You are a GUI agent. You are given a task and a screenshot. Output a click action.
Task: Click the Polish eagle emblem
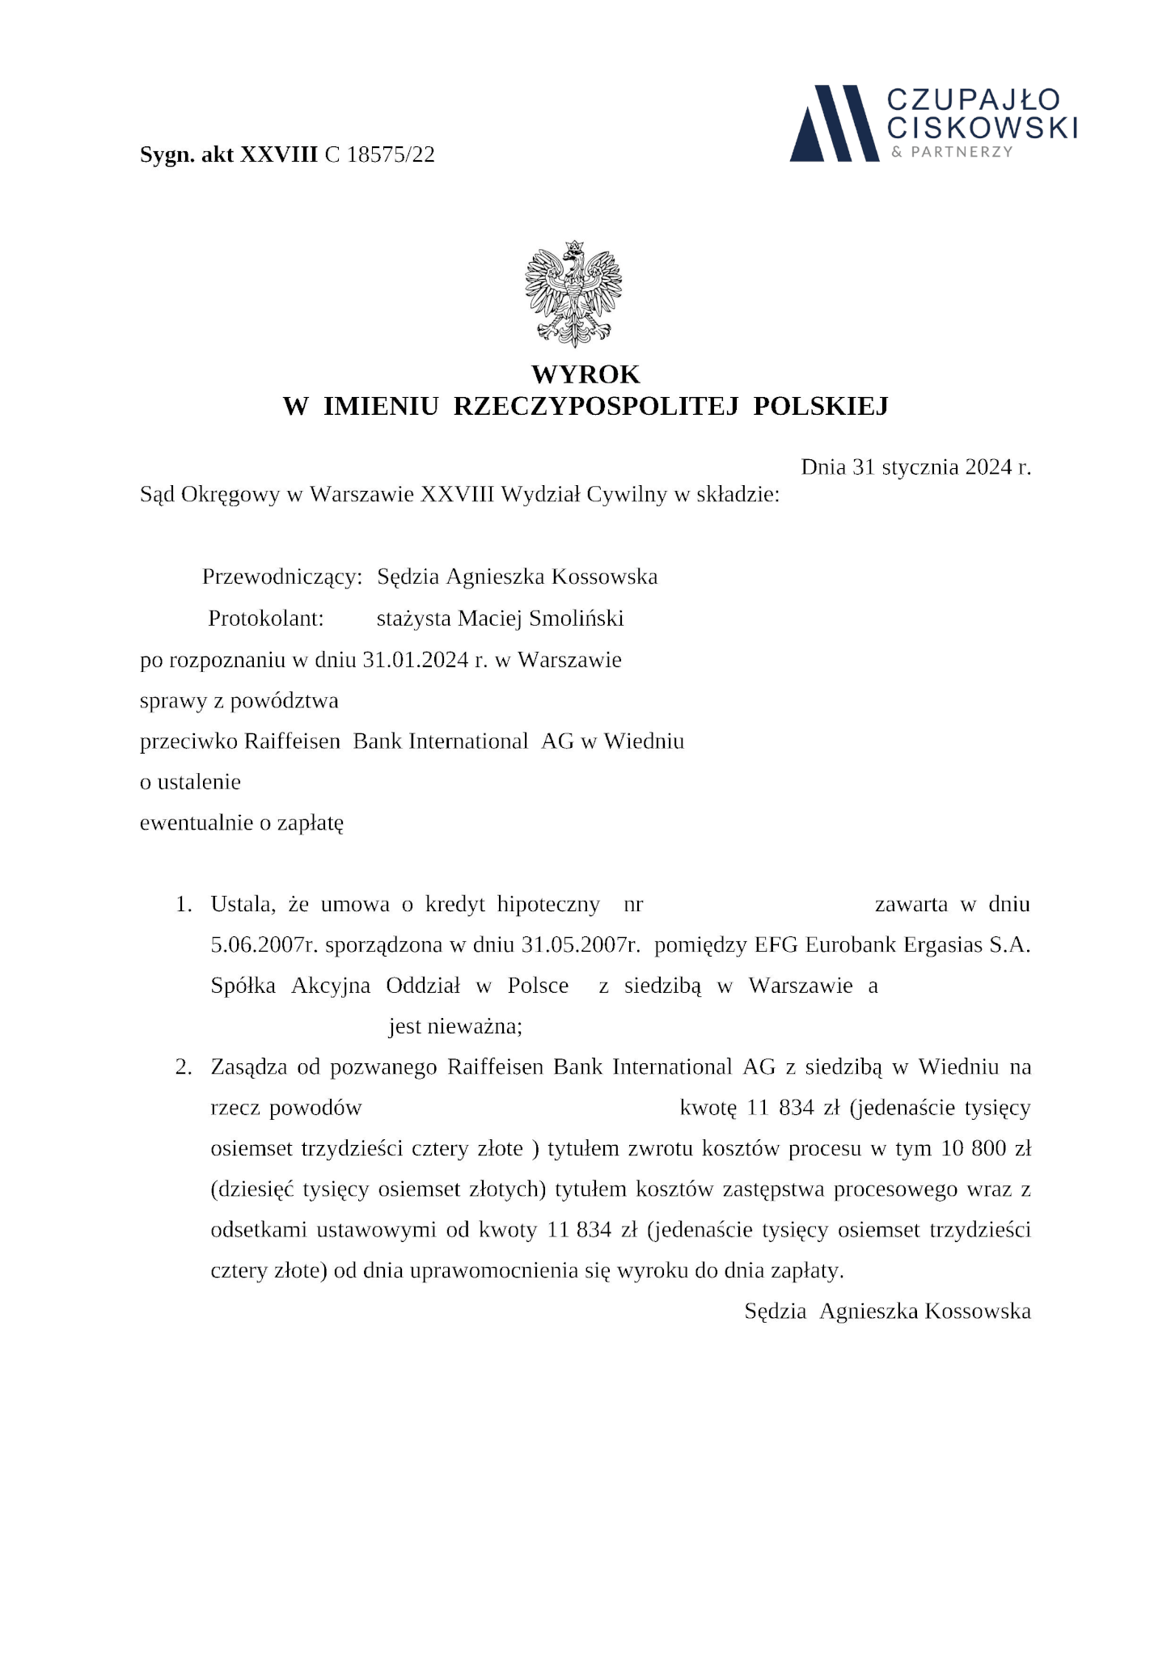pos(573,294)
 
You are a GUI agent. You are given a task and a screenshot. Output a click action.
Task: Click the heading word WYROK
pos(585,374)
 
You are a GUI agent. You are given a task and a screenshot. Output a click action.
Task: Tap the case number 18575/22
pos(391,154)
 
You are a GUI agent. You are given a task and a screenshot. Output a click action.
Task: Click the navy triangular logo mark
pos(835,123)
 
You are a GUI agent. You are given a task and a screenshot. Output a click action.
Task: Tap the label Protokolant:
pos(266,619)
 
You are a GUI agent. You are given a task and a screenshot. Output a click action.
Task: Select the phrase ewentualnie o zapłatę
pos(242,824)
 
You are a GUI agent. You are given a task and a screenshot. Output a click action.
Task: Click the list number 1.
pos(184,904)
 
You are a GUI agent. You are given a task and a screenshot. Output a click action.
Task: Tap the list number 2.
pos(184,1067)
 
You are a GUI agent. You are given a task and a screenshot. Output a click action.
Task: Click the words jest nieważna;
pos(455,1027)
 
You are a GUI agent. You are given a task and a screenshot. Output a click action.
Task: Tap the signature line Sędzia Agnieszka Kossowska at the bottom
pos(887,1312)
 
